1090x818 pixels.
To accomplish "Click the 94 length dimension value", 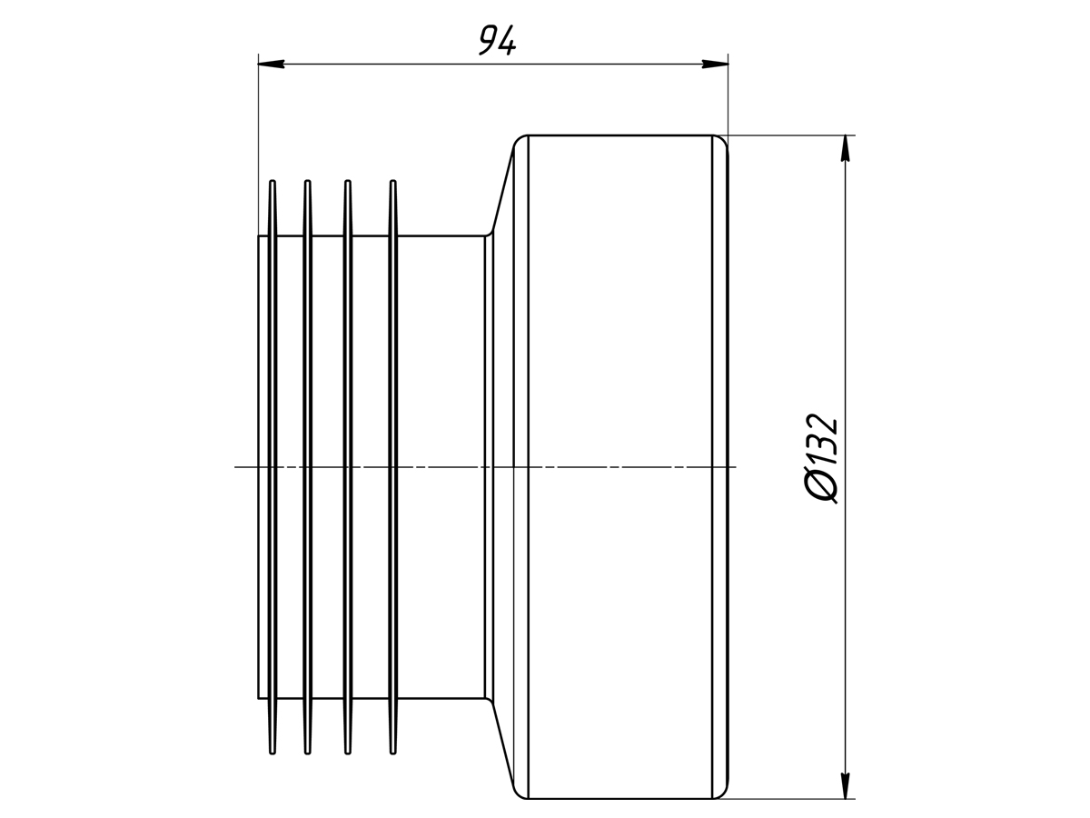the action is coord(497,40).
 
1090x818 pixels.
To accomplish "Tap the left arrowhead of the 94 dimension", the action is coord(271,64).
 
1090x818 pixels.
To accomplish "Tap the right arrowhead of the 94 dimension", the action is coord(715,64).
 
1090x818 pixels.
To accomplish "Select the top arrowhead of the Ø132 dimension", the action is coord(845,148).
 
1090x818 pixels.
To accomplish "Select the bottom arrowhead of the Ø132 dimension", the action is coord(845,785).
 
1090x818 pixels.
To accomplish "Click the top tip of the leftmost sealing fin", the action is coord(272,181).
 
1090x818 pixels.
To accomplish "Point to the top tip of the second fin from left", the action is coord(307,181).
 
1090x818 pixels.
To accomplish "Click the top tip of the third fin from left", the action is coord(348,181).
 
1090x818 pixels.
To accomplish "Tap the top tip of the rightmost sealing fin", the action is coord(392,181).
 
